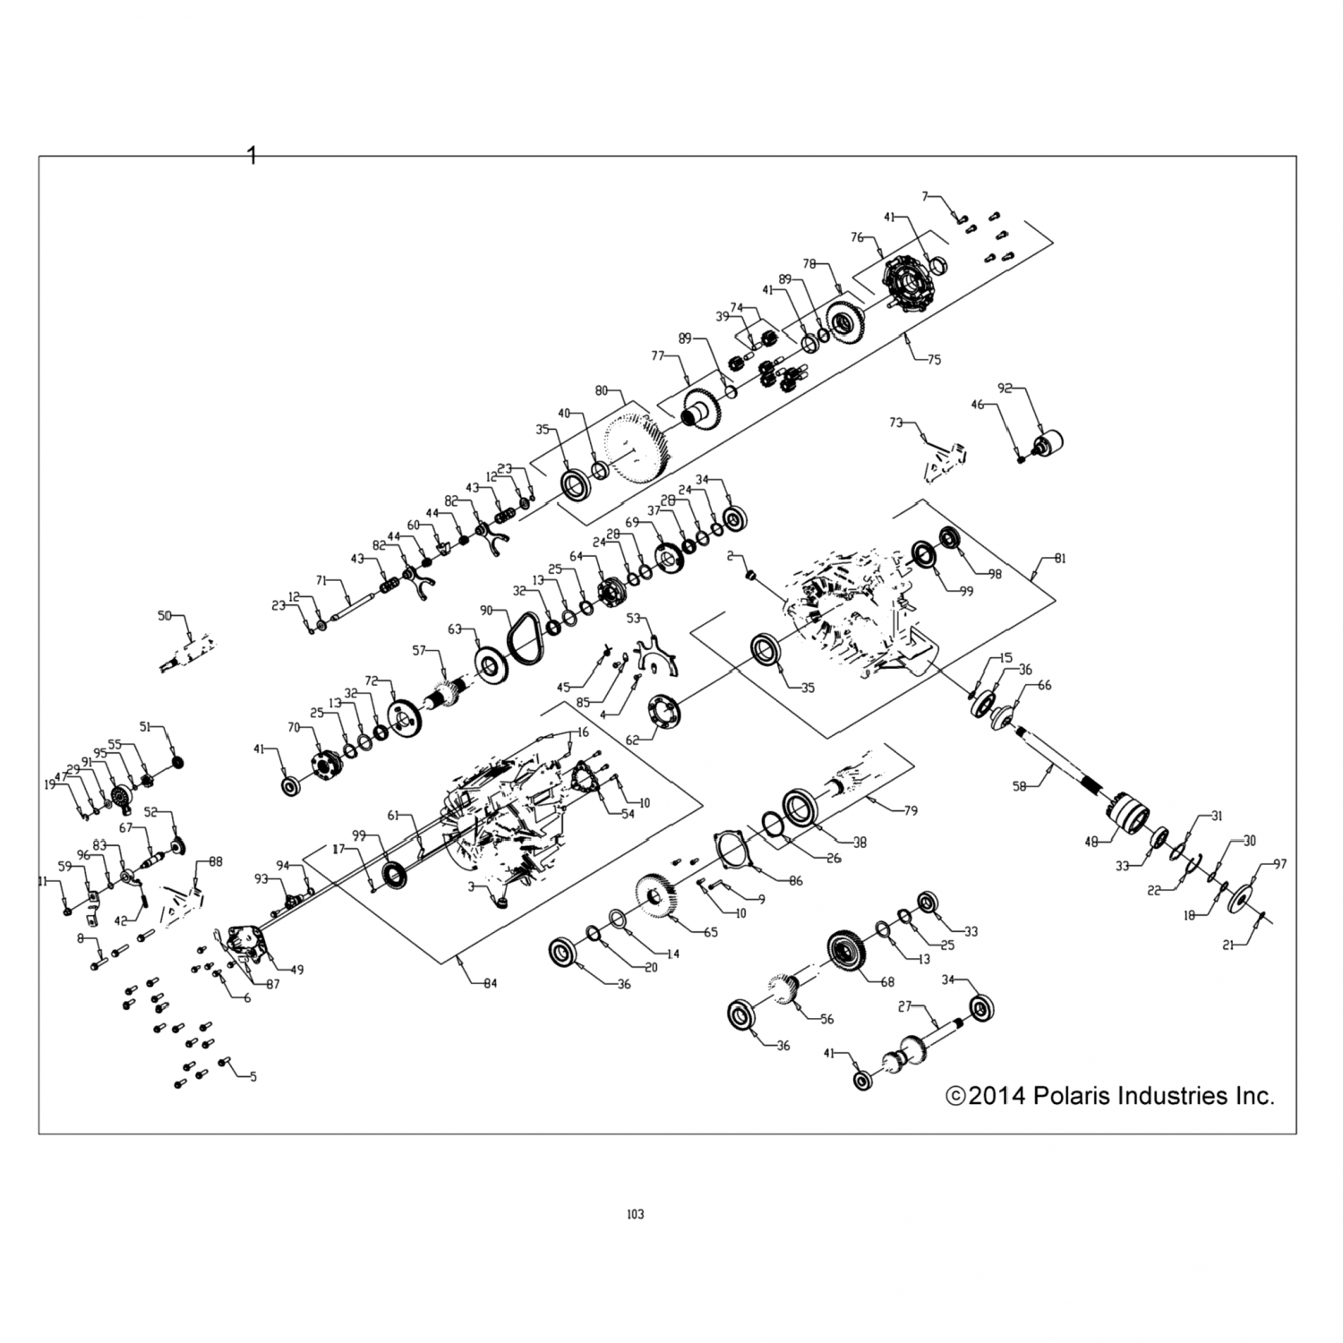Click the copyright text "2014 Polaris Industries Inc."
[x=1110, y=1095]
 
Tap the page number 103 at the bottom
[x=635, y=1215]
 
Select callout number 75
[x=934, y=360]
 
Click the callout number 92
[x=1005, y=389]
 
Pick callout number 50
[x=164, y=616]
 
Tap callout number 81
[x=1060, y=559]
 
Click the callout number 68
[x=887, y=982]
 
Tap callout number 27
[x=904, y=1006]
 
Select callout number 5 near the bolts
[x=252, y=1077]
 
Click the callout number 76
[x=856, y=237]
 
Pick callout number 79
[x=911, y=811]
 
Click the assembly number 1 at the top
[x=252, y=156]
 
